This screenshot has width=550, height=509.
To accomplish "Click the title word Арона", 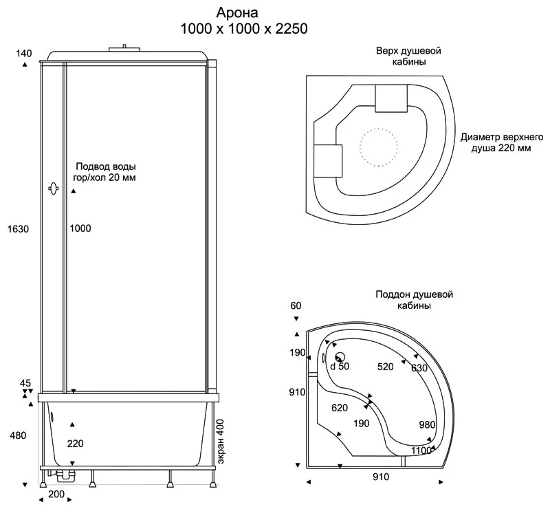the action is (237, 12).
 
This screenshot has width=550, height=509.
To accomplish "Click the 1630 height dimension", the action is (19, 229).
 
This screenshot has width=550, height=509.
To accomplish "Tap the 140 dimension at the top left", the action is (24, 54).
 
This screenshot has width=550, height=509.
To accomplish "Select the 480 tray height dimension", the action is (19, 435).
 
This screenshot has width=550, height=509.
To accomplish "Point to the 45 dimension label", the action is (25, 382).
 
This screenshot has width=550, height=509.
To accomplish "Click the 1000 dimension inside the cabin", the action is (80, 228).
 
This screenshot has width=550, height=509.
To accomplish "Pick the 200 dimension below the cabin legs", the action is (56, 495).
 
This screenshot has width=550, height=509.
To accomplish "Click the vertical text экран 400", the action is (221, 442).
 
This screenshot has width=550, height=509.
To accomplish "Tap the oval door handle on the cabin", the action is (54, 189).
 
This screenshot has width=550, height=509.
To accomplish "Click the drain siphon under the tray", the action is (64, 476).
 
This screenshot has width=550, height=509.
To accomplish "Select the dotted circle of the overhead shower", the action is (379, 147).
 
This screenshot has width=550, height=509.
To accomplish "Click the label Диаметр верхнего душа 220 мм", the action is (502, 142).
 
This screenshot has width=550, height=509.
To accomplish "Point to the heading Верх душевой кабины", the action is (408, 56).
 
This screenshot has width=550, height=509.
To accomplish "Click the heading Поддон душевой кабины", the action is (415, 300).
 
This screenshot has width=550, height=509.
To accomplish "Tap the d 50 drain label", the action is (340, 366).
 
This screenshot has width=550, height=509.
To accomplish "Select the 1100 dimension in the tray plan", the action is (421, 451).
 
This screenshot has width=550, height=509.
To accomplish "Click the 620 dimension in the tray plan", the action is (340, 408).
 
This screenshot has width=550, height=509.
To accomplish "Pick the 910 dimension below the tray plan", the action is (381, 477).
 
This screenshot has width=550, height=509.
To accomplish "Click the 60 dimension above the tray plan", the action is (296, 306).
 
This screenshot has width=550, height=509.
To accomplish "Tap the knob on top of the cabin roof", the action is (124, 48).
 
